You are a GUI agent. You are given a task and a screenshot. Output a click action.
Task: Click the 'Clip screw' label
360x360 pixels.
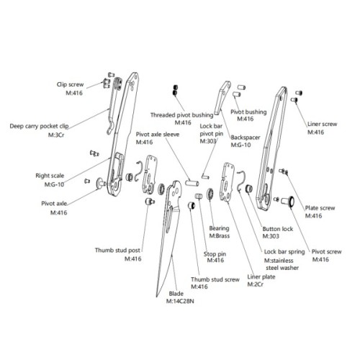coord(70,84)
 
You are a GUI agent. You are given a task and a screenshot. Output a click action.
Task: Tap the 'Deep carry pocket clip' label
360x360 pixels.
coord(39,126)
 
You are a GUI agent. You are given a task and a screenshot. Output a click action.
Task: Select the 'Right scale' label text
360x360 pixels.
coord(50,176)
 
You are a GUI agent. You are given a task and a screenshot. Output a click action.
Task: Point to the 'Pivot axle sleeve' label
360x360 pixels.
coord(158,135)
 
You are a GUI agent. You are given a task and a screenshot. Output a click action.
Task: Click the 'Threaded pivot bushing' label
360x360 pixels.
coord(182,115)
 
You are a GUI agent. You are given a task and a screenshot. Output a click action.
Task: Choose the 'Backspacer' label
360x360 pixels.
coord(246,138)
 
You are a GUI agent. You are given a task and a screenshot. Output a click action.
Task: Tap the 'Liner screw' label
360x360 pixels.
coord(323,124)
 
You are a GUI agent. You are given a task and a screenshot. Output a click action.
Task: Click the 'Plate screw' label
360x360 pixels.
coord(320,208)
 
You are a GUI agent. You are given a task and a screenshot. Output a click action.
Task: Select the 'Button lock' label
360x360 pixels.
coord(278,229)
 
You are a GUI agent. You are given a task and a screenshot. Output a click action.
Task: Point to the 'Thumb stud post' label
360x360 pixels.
coord(117,251)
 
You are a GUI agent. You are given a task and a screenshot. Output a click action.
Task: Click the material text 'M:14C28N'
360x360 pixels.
coord(180,301)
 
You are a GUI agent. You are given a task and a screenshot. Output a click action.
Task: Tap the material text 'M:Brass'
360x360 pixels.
coord(220,236)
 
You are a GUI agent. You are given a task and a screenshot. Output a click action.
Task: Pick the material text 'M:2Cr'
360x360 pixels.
coord(256,284)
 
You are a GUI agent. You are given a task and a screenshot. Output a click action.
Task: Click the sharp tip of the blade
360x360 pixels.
coord(157,297)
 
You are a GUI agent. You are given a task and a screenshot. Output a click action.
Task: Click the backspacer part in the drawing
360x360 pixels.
coord(222,97)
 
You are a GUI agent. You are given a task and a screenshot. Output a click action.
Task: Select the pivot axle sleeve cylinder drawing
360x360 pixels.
coord(192,183)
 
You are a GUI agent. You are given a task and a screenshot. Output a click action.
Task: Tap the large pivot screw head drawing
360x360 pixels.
coord(292,201)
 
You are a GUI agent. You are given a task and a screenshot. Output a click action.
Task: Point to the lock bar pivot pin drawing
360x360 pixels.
coord(205,176)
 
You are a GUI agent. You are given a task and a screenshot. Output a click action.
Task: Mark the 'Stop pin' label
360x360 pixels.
coord(215,254)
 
